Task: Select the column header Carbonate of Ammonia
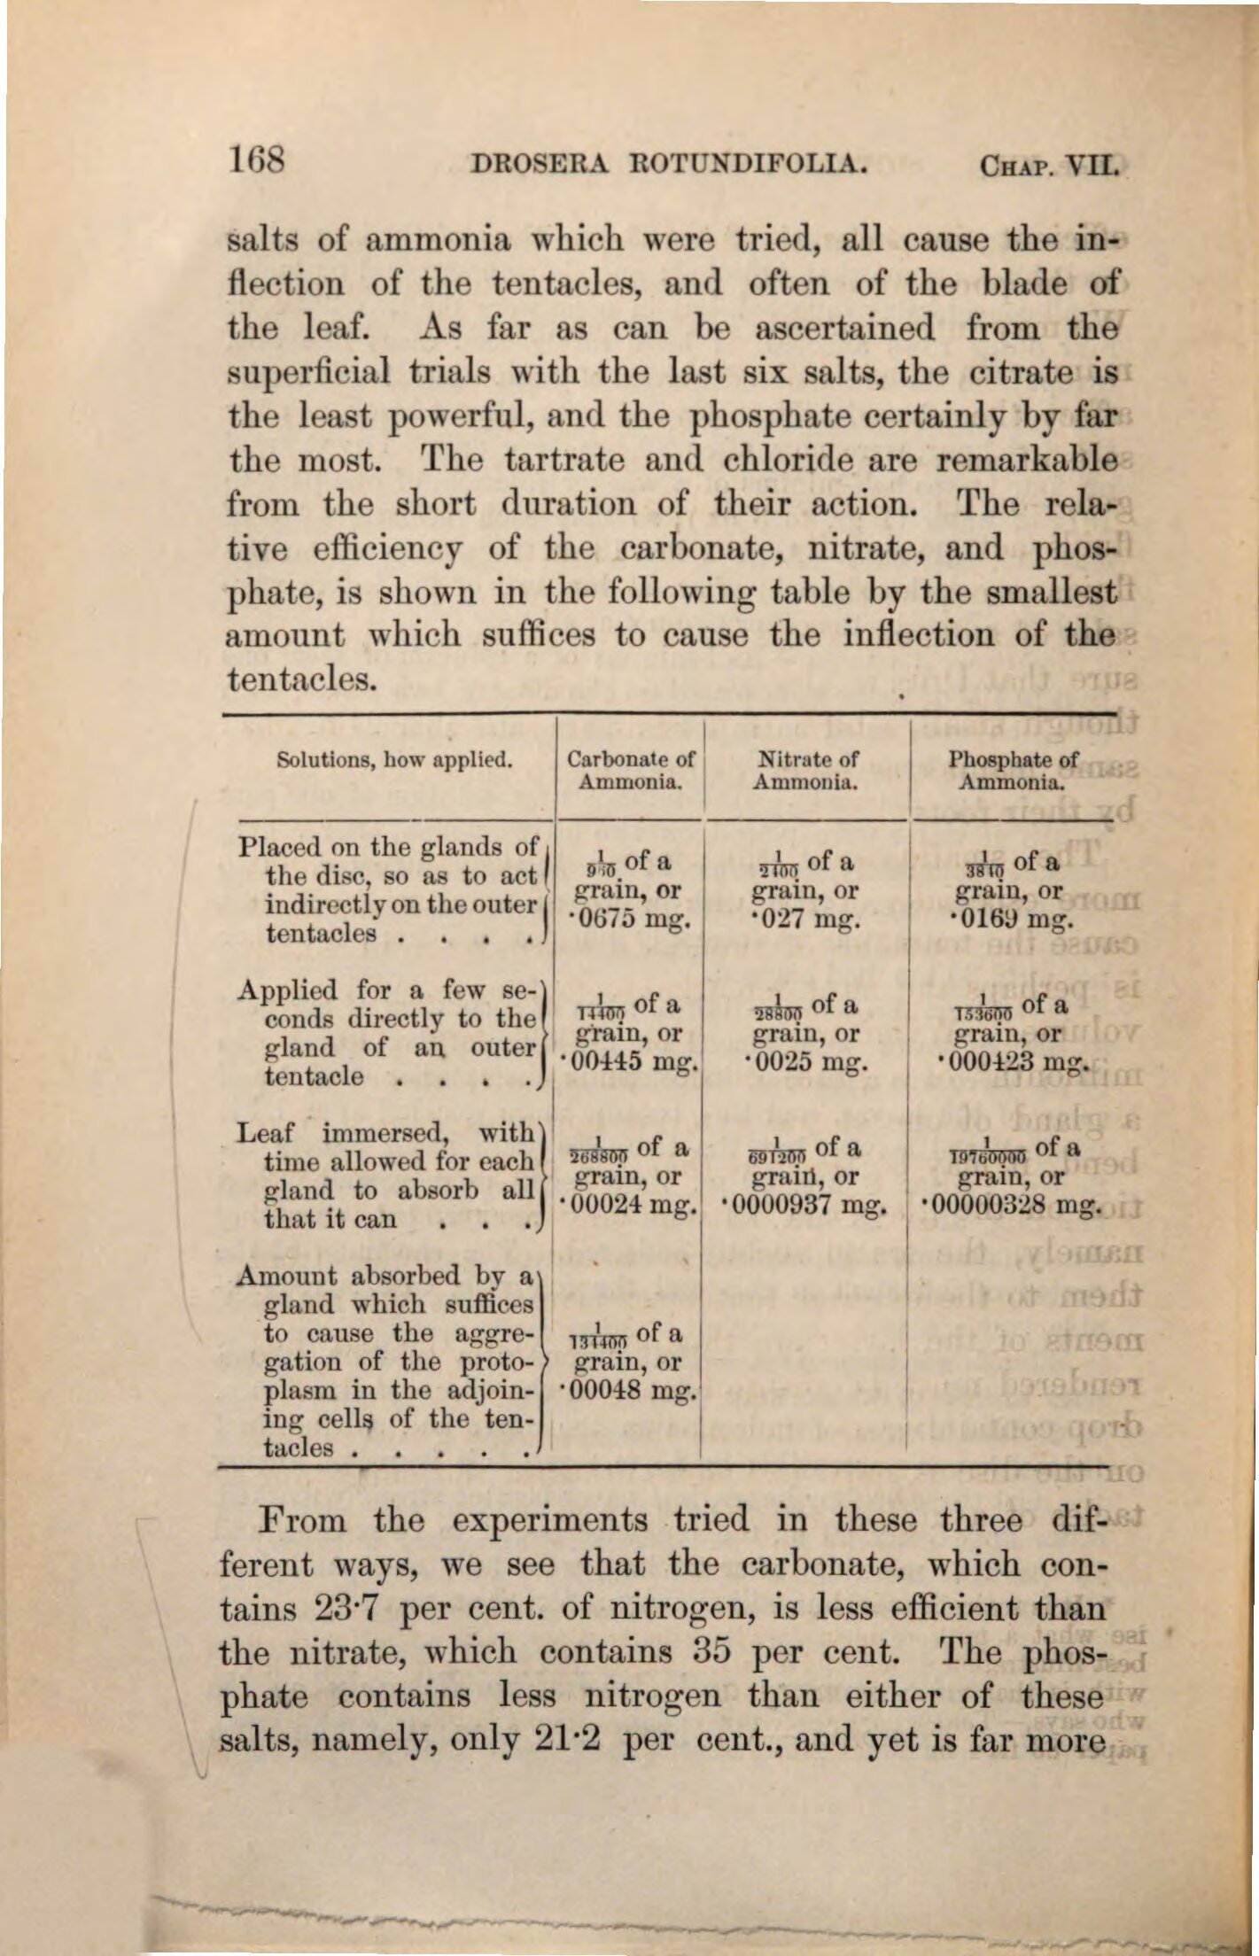(x=630, y=771)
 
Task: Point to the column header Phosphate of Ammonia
(x=1013, y=771)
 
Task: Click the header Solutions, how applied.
(x=395, y=759)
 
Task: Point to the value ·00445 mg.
(x=628, y=1062)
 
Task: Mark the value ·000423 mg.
(x=1011, y=1062)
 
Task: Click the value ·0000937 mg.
(x=805, y=1206)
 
